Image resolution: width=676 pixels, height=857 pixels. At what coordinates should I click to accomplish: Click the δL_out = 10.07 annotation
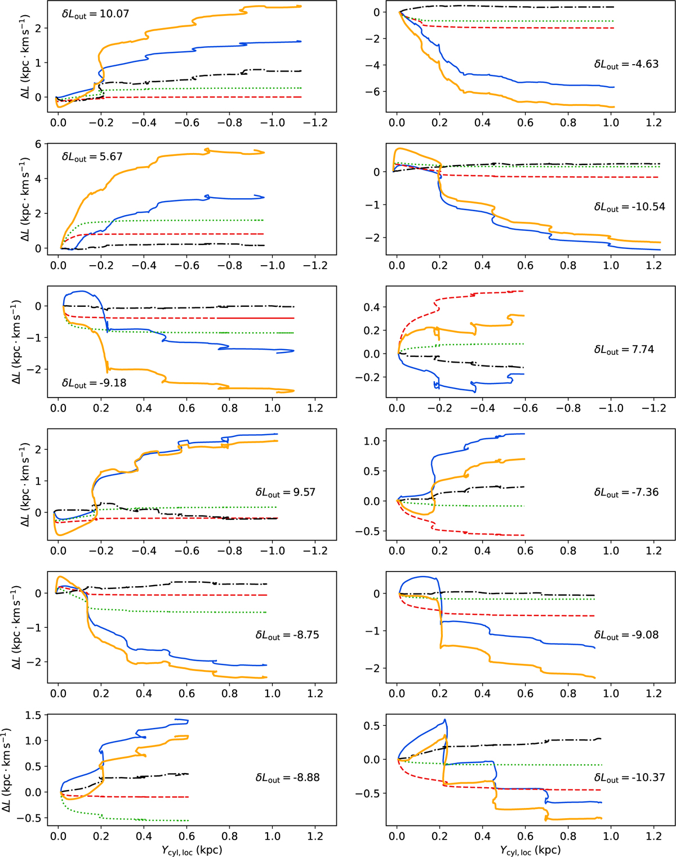95,14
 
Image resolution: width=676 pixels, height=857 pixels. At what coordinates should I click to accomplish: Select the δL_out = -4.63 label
626,65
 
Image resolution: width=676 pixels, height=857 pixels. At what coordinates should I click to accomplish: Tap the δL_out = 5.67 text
92,157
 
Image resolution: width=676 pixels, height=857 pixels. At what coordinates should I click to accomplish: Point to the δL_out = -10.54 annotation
629,207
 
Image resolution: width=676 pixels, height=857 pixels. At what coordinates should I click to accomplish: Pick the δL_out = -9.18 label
94,383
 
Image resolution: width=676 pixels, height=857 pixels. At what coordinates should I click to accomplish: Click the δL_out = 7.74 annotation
624,350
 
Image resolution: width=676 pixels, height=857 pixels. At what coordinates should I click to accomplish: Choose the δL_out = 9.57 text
286,493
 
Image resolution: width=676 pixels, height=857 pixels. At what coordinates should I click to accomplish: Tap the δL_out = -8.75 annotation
287,635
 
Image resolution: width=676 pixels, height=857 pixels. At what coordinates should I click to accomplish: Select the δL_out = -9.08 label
626,635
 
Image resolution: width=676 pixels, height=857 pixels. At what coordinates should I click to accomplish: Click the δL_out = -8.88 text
287,778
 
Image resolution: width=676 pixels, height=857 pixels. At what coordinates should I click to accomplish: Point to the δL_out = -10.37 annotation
629,778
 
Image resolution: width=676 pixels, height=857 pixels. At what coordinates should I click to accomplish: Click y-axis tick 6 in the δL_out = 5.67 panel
38,144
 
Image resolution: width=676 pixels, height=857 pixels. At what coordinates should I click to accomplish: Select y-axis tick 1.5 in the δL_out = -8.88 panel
34,715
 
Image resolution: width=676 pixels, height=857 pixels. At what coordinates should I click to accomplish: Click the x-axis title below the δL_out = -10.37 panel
530,850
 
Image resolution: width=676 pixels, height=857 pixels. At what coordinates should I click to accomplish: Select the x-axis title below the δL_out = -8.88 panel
192,850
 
